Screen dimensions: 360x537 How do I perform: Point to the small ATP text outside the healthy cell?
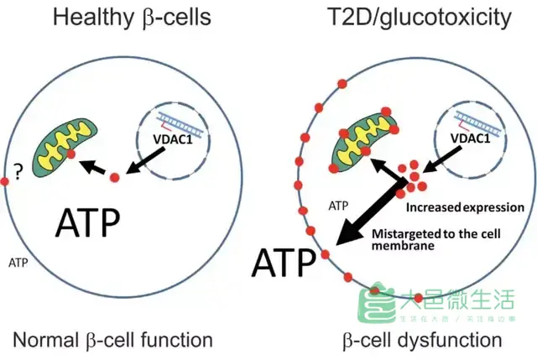click(x=19, y=263)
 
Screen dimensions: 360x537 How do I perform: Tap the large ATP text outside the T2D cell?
click(x=285, y=262)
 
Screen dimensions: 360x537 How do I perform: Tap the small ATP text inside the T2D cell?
click(x=338, y=205)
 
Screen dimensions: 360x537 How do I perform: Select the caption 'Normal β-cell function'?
click(x=112, y=340)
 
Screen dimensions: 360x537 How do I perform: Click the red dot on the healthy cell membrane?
click(x=4, y=180)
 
